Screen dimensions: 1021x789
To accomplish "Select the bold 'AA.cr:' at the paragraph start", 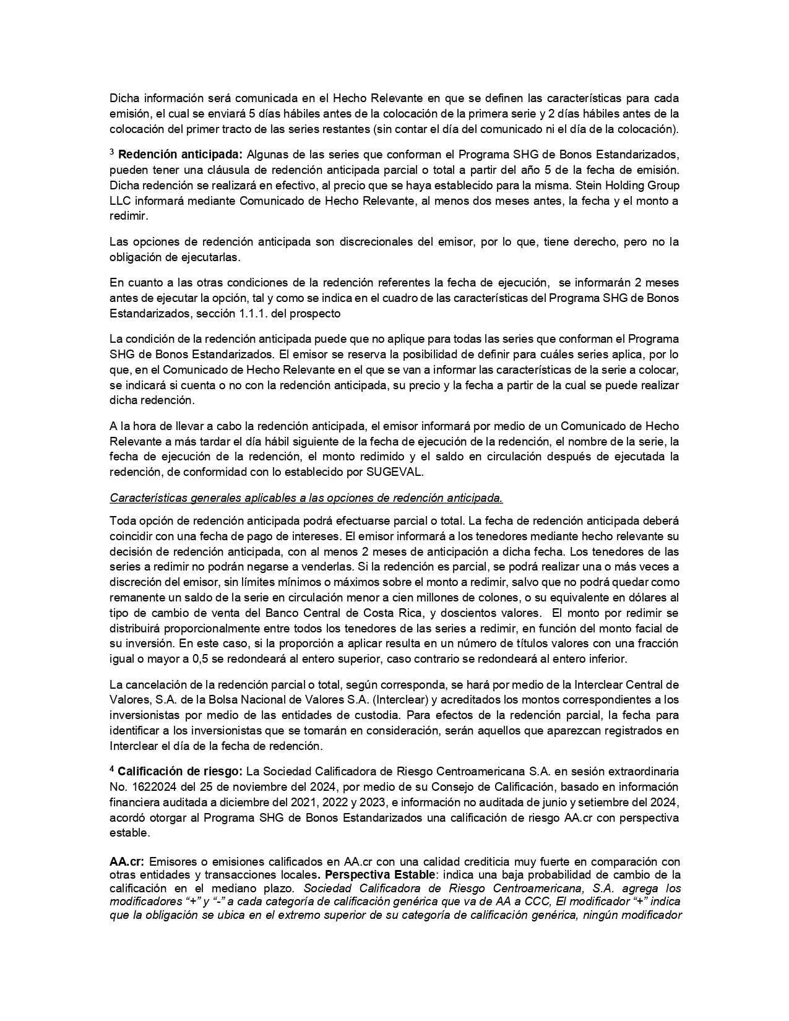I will click(127, 862).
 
